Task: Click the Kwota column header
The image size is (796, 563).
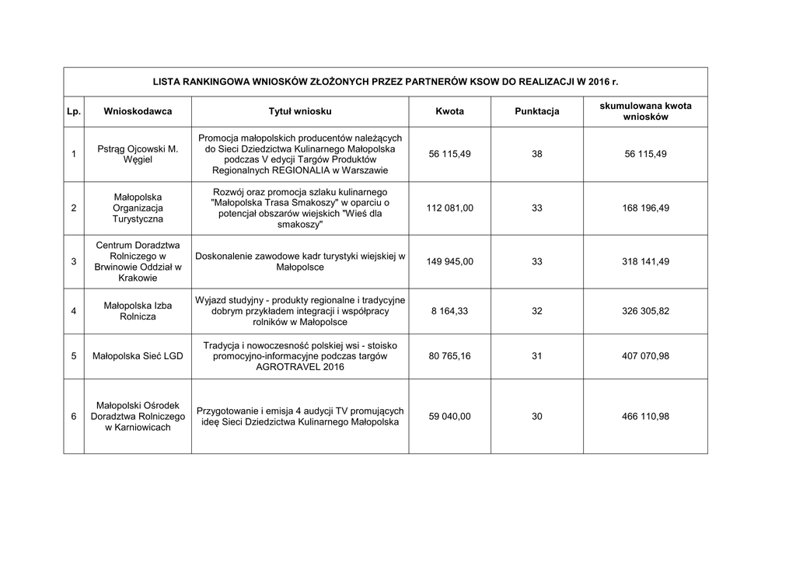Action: pos(449,111)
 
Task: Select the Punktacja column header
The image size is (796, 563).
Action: pos(537,111)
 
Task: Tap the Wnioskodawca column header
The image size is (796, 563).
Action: pos(138,111)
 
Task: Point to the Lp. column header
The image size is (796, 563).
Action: pos(73,111)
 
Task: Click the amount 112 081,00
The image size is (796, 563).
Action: pos(449,208)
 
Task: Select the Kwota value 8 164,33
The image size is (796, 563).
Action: pos(449,311)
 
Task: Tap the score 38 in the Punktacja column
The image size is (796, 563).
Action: pos(537,154)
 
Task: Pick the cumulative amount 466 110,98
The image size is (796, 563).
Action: pos(645,417)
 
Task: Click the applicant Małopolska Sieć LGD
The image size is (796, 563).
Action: pos(138,356)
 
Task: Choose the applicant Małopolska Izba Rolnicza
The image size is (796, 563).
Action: pos(138,311)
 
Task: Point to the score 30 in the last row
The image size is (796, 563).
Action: pos(537,417)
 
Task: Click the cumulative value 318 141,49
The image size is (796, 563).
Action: pos(645,261)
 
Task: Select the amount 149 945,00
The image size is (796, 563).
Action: pos(449,261)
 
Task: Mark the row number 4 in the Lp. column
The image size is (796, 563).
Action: pos(73,311)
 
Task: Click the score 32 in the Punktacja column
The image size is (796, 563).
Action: pos(537,311)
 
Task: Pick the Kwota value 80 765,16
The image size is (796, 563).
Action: pos(449,356)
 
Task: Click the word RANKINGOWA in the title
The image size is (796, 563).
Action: pos(211,81)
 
